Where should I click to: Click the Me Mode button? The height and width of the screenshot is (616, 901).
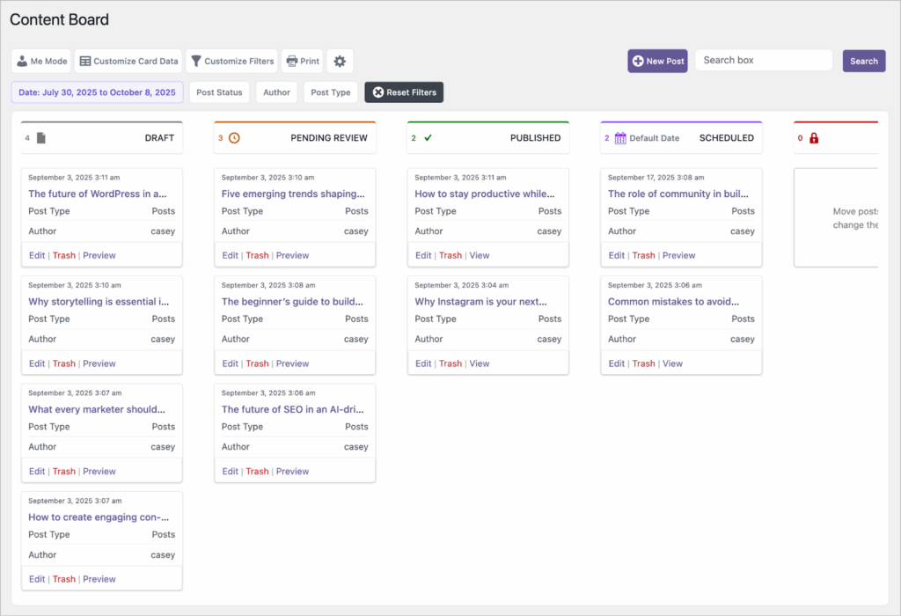click(x=41, y=62)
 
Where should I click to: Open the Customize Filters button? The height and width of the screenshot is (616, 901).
click(x=232, y=62)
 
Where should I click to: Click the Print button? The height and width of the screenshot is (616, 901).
click(x=303, y=62)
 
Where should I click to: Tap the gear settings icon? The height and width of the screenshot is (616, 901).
click(x=340, y=62)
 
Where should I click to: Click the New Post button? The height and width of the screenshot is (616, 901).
click(x=657, y=62)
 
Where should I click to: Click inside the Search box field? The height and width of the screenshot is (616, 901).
click(x=763, y=61)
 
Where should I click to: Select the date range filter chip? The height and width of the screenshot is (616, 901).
click(x=97, y=92)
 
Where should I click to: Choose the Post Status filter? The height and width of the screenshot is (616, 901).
click(x=219, y=92)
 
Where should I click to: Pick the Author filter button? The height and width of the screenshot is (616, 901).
click(x=276, y=92)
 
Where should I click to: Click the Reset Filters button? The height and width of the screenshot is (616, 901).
click(x=404, y=92)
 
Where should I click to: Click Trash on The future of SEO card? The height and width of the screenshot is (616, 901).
click(x=257, y=472)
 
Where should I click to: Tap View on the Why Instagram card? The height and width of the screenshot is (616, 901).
click(x=480, y=363)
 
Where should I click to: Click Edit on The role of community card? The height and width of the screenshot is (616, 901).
click(x=616, y=255)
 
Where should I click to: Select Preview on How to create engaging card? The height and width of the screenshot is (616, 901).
click(x=99, y=579)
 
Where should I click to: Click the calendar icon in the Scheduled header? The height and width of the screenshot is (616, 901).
click(x=620, y=138)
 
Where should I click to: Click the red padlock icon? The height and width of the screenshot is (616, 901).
click(x=814, y=138)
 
